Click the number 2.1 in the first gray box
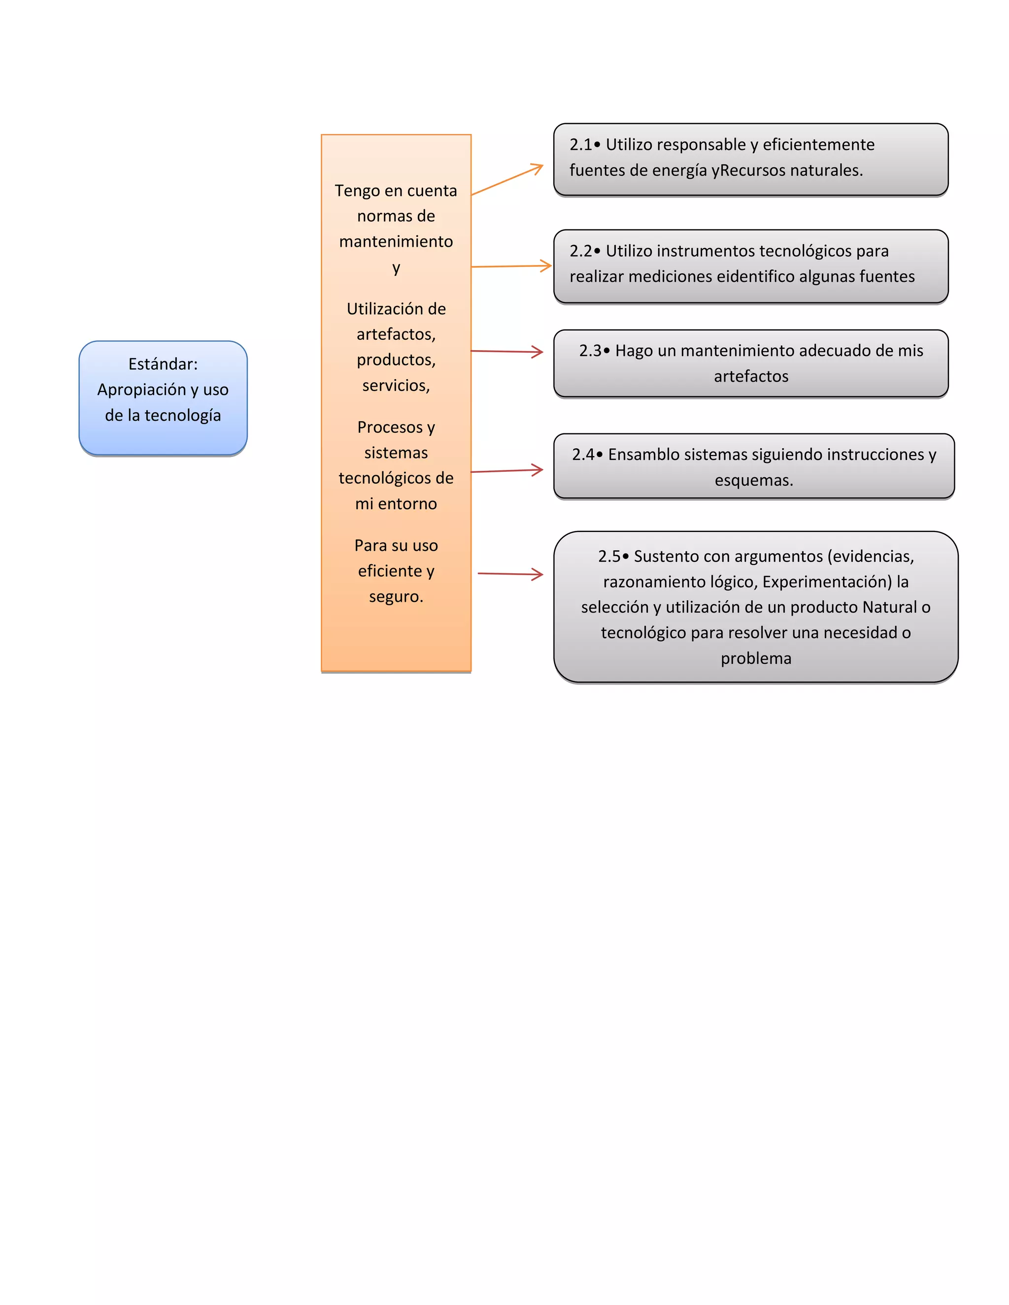580,145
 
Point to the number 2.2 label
580,251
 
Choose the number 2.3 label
589,351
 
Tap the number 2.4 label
582,455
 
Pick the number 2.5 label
608,556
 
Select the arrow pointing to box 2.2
511,266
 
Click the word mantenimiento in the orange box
396,241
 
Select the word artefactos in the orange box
395,334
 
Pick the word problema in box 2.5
756,658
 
